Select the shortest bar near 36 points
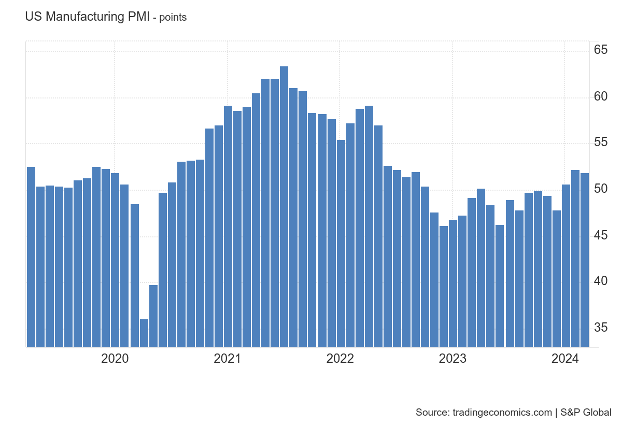pyautogui.click(x=144, y=333)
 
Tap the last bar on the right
pyautogui.click(x=585, y=260)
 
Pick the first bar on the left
pyautogui.click(x=31, y=257)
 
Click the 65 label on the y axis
pyautogui.click(x=601, y=50)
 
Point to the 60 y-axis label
pyautogui.click(x=601, y=96)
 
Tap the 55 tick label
pyautogui.click(x=601, y=143)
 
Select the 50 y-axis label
pyautogui.click(x=601, y=189)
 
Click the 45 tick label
pyautogui.click(x=601, y=235)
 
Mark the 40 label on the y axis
pyautogui.click(x=601, y=281)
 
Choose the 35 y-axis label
pyautogui.click(x=601, y=327)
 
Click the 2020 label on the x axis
pyautogui.click(x=115, y=359)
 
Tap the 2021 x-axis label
pyautogui.click(x=227, y=359)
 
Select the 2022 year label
pyautogui.click(x=340, y=359)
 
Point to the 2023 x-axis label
pyautogui.click(x=453, y=359)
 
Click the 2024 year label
pyautogui.click(x=565, y=359)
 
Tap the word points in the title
pyautogui.click(x=173, y=18)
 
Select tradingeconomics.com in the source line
pyautogui.click(x=502, y=413)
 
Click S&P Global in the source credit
pyautogui.click(x=586, y=413)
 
